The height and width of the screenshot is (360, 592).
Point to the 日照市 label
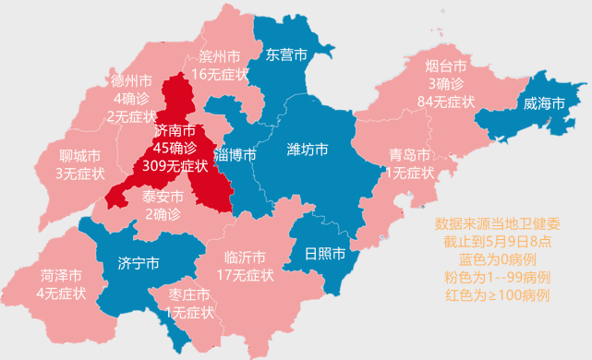click(325, 253)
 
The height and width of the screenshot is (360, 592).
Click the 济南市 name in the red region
click(175, 130)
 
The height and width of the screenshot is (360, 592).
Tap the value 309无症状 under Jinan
click(175, 165)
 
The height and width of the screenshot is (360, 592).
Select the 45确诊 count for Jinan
click(175, 148)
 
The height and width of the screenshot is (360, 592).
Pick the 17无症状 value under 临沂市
click(244, 274)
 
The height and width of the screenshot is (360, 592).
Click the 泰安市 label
click(163, 197)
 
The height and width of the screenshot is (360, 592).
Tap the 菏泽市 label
click(61, 276)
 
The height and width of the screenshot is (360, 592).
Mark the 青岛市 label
click(409, 154)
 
